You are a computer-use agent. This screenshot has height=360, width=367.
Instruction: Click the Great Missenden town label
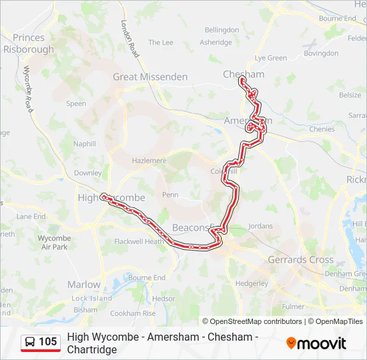pyautogui.click(x=150, y=77)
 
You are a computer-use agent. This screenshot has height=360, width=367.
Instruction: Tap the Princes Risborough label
pyautogui.click(x=28, y=43)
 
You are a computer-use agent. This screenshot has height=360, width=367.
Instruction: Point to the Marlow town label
pyautogui.click(x=84, y=284)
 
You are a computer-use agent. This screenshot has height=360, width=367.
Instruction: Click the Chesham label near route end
pyautogui.click(x=244, y=74)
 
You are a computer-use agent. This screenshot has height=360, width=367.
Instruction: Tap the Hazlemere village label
pyautogui.click(x=148, y=161)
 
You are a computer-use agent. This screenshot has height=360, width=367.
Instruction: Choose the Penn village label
pyautogui.click(x=170, y=195)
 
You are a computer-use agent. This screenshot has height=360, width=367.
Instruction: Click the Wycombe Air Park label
pyautogui.click(x=53, y=242)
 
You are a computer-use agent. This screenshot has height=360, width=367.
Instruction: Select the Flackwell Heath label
pyautogui.click(x=139, y=241)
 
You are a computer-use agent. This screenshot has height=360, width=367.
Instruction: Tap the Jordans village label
pyautogui.click(x=260, y=226)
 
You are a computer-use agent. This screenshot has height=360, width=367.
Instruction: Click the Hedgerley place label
pyautogui.click(x=252, y=283)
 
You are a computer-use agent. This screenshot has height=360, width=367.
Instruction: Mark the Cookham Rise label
pyautogui.click(x=133, y=313)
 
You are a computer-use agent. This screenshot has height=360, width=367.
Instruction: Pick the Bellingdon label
pyautogui.click(x=222, y=30)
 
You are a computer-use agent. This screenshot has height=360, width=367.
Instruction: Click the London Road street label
pyautogui.click(x=129, y=39)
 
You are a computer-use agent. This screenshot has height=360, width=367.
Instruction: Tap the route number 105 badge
pyautogui.click(x=48, y=342)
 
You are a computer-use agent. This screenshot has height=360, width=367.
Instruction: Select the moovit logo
pyautogui.click(x=316, y=343)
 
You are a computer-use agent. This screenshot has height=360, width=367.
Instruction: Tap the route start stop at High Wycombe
pyautogui.click(x=103, y=197)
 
